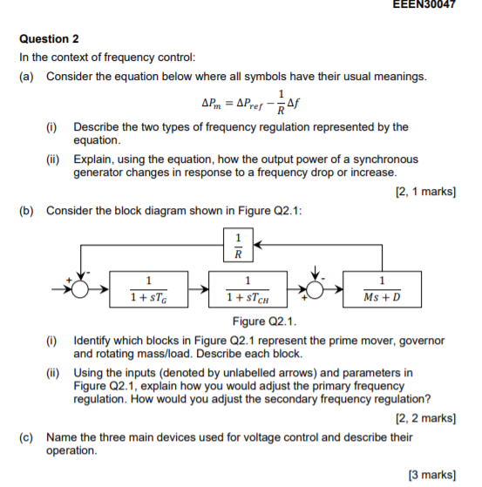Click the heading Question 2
[49, 39]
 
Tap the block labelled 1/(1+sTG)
[149, 289]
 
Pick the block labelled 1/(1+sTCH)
[249, 289]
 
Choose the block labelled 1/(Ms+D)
[383, 289]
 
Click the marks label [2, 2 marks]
[424, 417]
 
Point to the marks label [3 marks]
[431, 474]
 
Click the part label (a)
[27, 77]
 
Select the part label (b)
[27, 210]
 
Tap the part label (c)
[27, 436]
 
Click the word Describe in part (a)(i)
[96, 126]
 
